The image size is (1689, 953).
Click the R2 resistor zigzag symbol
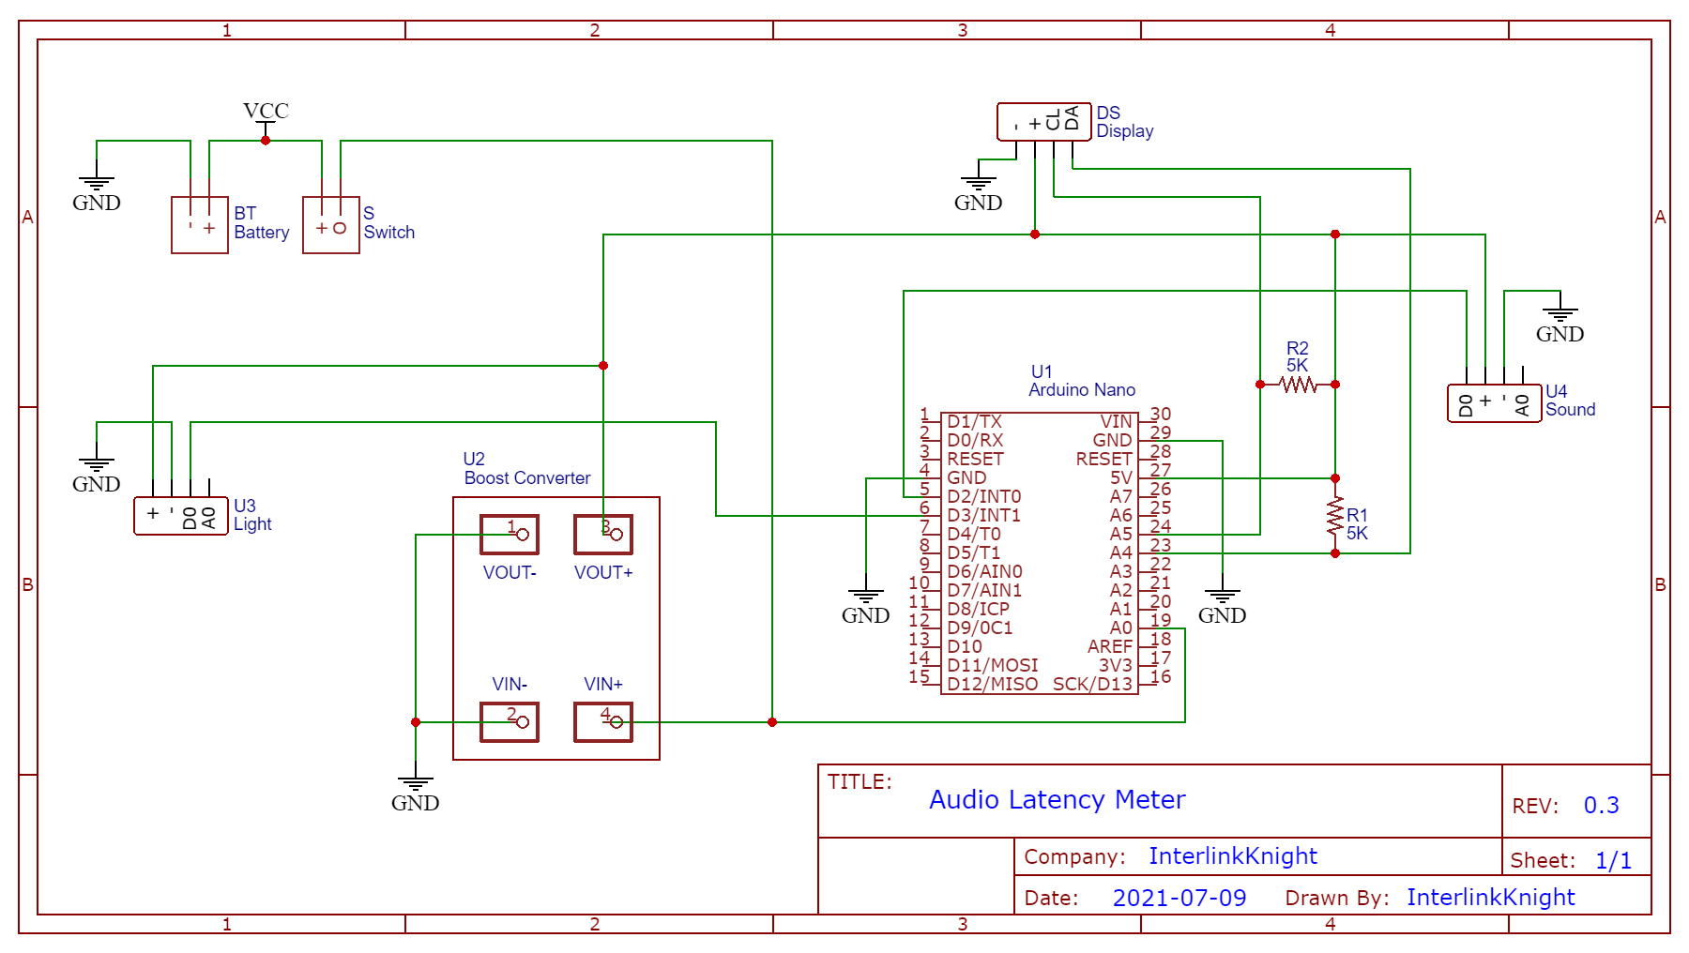tap(1298, 385)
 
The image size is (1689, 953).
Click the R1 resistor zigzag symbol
tap(1335, 516)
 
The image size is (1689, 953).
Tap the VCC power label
tap(266, 111)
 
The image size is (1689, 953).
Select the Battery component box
tap(199, 225)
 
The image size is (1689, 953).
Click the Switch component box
tap(330, 225)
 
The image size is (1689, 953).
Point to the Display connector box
tap(1043, 122)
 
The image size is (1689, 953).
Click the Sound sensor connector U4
tap(1494, 403)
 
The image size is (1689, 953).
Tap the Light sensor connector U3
tap(180, 516)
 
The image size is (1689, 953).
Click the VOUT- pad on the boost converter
tap(510, 535)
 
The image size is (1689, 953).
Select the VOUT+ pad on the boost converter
tap(603, 535)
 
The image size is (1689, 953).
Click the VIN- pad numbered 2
tap(510, 722)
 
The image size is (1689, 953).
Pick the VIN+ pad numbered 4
tap(603, 722)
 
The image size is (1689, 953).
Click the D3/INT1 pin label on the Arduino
tap(983, 515)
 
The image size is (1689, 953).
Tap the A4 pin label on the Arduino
tap(1120, 552)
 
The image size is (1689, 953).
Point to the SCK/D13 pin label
tap(1092, 684)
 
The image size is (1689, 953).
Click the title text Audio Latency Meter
tap(1057, 799)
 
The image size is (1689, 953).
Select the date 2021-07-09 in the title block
tap(1179, 898)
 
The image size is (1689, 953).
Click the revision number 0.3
tap(1601, 805)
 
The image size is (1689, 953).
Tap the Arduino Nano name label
tap(1081, 389)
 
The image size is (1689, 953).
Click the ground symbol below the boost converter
tap(415, 784)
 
